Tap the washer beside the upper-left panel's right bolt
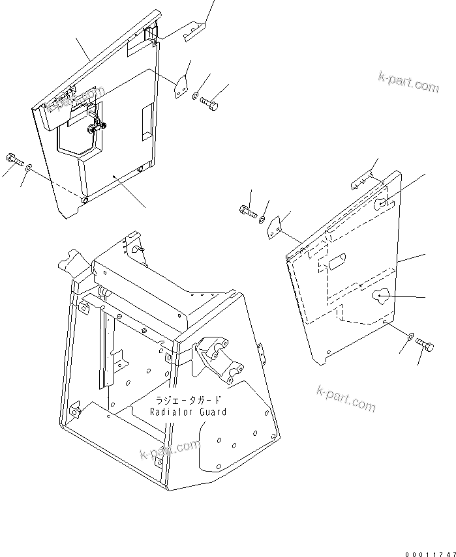pos(196,97)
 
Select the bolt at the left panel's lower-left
pos(14,158)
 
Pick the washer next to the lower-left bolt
pos(30,169)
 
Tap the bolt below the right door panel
pos(424,346)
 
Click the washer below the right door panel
pos(408,337)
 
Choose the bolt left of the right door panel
pos(247,210)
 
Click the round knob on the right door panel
pos(380,296)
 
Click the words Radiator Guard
pos(189,412)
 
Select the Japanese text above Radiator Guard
pos(188,400)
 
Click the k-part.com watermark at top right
pos(408,84)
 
